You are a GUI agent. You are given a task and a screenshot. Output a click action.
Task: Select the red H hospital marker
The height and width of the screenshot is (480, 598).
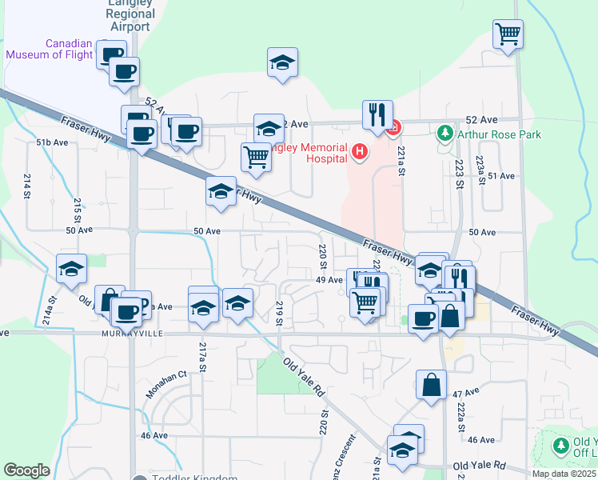point(360,150)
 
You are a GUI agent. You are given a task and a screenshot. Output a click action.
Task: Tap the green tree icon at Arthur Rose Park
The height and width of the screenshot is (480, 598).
point(445,133)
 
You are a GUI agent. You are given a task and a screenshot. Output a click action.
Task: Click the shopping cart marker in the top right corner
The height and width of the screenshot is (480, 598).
point(508,34)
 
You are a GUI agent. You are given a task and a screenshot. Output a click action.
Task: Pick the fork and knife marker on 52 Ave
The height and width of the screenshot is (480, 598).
point(377,114)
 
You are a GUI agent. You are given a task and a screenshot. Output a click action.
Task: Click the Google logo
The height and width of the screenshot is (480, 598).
point(26,470)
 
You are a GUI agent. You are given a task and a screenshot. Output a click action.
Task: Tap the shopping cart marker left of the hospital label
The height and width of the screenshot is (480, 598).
point(256,156)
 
